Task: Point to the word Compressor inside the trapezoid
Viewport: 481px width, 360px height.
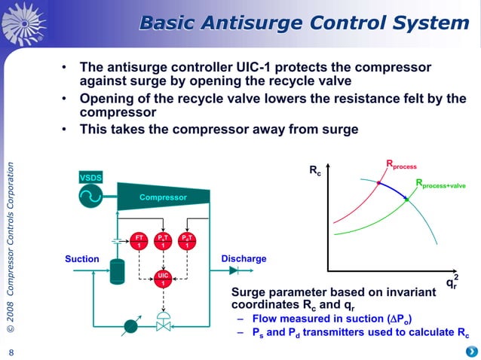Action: pos(162,198)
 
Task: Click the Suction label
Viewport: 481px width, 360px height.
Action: pos(81,259)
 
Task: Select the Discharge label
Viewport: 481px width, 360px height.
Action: pos(244,259)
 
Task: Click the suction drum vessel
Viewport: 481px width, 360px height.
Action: pos(116,271)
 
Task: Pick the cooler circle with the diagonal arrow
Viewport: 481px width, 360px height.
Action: pos(130,326)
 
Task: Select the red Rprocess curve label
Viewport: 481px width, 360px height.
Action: pos(402,164)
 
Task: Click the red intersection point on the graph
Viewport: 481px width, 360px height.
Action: pos(378,182)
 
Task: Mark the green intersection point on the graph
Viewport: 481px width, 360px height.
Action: pos(406,200)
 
